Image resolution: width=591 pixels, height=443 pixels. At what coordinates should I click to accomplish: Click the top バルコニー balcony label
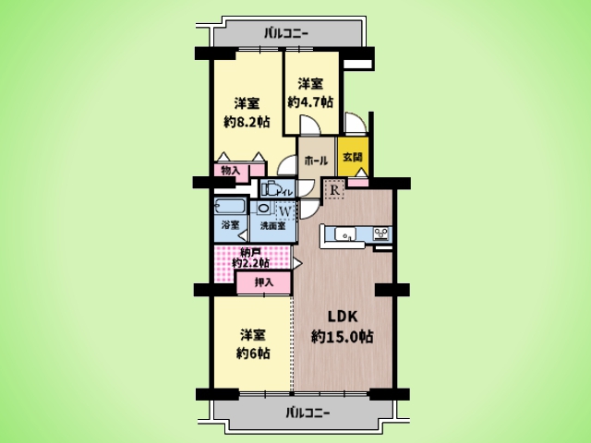pyautogui.click(x=285, y=34)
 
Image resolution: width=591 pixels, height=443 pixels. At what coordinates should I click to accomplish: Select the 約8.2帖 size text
pyautogui.click(x=245, y=121)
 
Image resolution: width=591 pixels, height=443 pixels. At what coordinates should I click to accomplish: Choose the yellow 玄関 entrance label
pyautogui.click(x=353, y=158)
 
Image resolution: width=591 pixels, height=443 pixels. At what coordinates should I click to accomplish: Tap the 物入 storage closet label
pyautogui.click(x=231, y=171)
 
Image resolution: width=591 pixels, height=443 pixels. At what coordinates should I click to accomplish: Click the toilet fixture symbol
pyautogui.click(x=269, y=189)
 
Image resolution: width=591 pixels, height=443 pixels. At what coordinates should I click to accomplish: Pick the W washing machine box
pyautogui.click(x=284, y=210)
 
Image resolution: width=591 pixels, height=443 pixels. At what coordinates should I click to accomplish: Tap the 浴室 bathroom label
pyautogui.click(x=230, y=226)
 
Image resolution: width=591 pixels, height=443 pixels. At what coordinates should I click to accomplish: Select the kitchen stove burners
pyautogui.click(x=381, y=234)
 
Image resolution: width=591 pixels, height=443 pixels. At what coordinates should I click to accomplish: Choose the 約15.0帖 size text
pyautogui.click(x=342, y=337)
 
